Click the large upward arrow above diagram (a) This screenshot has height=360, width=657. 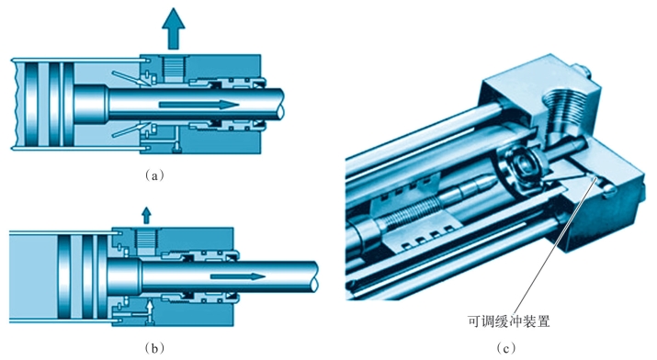174,29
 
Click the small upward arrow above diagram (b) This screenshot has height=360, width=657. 146,215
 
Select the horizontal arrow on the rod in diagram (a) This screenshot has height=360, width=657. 199,104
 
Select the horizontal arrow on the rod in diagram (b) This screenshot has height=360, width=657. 238,276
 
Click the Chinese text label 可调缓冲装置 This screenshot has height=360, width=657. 508,321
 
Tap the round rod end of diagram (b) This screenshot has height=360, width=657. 313,276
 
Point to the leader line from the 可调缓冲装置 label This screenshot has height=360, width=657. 553,246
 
